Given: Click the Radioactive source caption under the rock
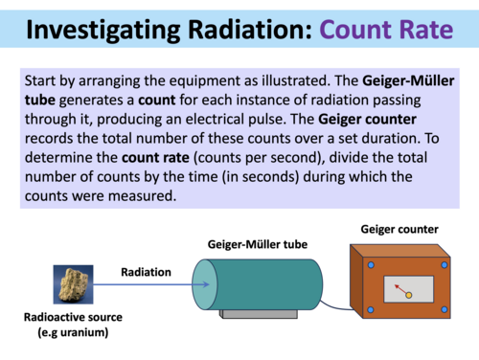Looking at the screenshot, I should [73, 318].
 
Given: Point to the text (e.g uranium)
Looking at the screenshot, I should [73, 332].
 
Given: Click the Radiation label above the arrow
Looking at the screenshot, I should [146, 272].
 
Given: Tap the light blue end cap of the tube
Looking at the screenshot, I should [204, 285].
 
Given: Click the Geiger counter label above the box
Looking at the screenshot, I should [399, 230].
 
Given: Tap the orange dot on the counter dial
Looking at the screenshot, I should [409, 295].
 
